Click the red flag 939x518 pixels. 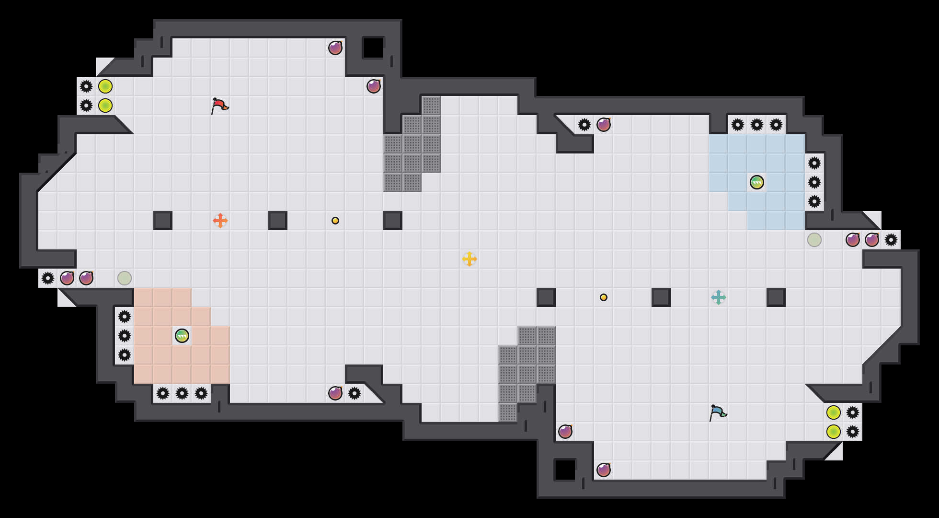pyautogui.click(x=219, y=106)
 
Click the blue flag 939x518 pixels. pyautogui.click(x=718, y=412)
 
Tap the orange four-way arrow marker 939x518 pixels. pyautogui.click(x=220, y=221)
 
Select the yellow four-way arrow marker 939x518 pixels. pyautogui.click(x=469, y=259)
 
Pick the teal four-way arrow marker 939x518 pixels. pyautogui.click(x=719, y=297)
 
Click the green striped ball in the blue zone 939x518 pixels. pyautogui.click(x=757, y=182)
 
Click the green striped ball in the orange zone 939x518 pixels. pyautogui.click(x=182, y=336)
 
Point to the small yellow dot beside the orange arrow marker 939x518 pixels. pyautogui.click(x=335, y=221)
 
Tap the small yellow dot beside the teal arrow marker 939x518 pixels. pyautogui.click(x=604, y=297)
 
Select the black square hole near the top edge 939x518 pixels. pyautogui.click(x=374, y=48)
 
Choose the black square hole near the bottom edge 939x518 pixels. pyautogui.click(x=565, y=470)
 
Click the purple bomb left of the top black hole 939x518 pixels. pyautogui.click(x=335, y=48)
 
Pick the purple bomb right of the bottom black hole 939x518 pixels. pyautogui.click(x=604, y=470)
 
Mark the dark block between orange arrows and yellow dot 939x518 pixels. pyautogui.click(x=278, y=221)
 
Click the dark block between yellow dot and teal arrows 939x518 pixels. pyautogui.click(x=661, y=297)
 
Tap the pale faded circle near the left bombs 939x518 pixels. pyautogui.click(x=125, y=278)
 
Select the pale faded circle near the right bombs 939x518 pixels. pyautogui.click(x=814, y=240)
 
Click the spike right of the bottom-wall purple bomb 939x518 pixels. pyautogui.click(x=355, y=393)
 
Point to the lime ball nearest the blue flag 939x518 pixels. pyautogui.click(x=834, y=412)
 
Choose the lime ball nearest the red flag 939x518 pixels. pyautogui.click(x=105, y=106)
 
